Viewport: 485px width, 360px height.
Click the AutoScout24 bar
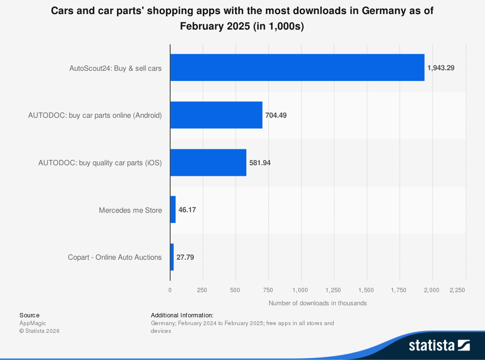click(297, 68)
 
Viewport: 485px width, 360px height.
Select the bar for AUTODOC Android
click(216, 115)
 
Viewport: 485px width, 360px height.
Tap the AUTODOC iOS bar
click(208, 163)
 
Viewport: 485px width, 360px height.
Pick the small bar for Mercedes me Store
click(173, 210)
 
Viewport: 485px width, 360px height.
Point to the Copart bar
click(172, 257)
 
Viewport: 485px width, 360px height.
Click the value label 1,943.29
click(441, 68)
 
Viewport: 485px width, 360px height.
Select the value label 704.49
click(276, 115)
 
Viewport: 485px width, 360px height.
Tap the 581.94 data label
click(260, 163)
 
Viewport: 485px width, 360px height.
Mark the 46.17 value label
click(187, 210)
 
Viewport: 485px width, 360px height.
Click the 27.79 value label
click(185, 257)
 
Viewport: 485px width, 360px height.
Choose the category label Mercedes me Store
click(130, 210)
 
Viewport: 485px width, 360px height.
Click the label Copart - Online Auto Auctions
click(114, 257)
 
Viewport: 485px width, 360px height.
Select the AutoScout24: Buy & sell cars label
click(115, 68)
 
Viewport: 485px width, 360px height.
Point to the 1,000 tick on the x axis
click(301, 290)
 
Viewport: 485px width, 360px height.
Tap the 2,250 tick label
click(457, 290)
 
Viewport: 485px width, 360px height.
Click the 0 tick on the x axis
click(170, 290)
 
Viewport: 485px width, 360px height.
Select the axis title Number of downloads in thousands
click(318, 303)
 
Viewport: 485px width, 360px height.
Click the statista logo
click(439, 345)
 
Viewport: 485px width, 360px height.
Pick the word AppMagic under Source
click(32, 323)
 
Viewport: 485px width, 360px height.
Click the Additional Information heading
click(182, 315)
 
